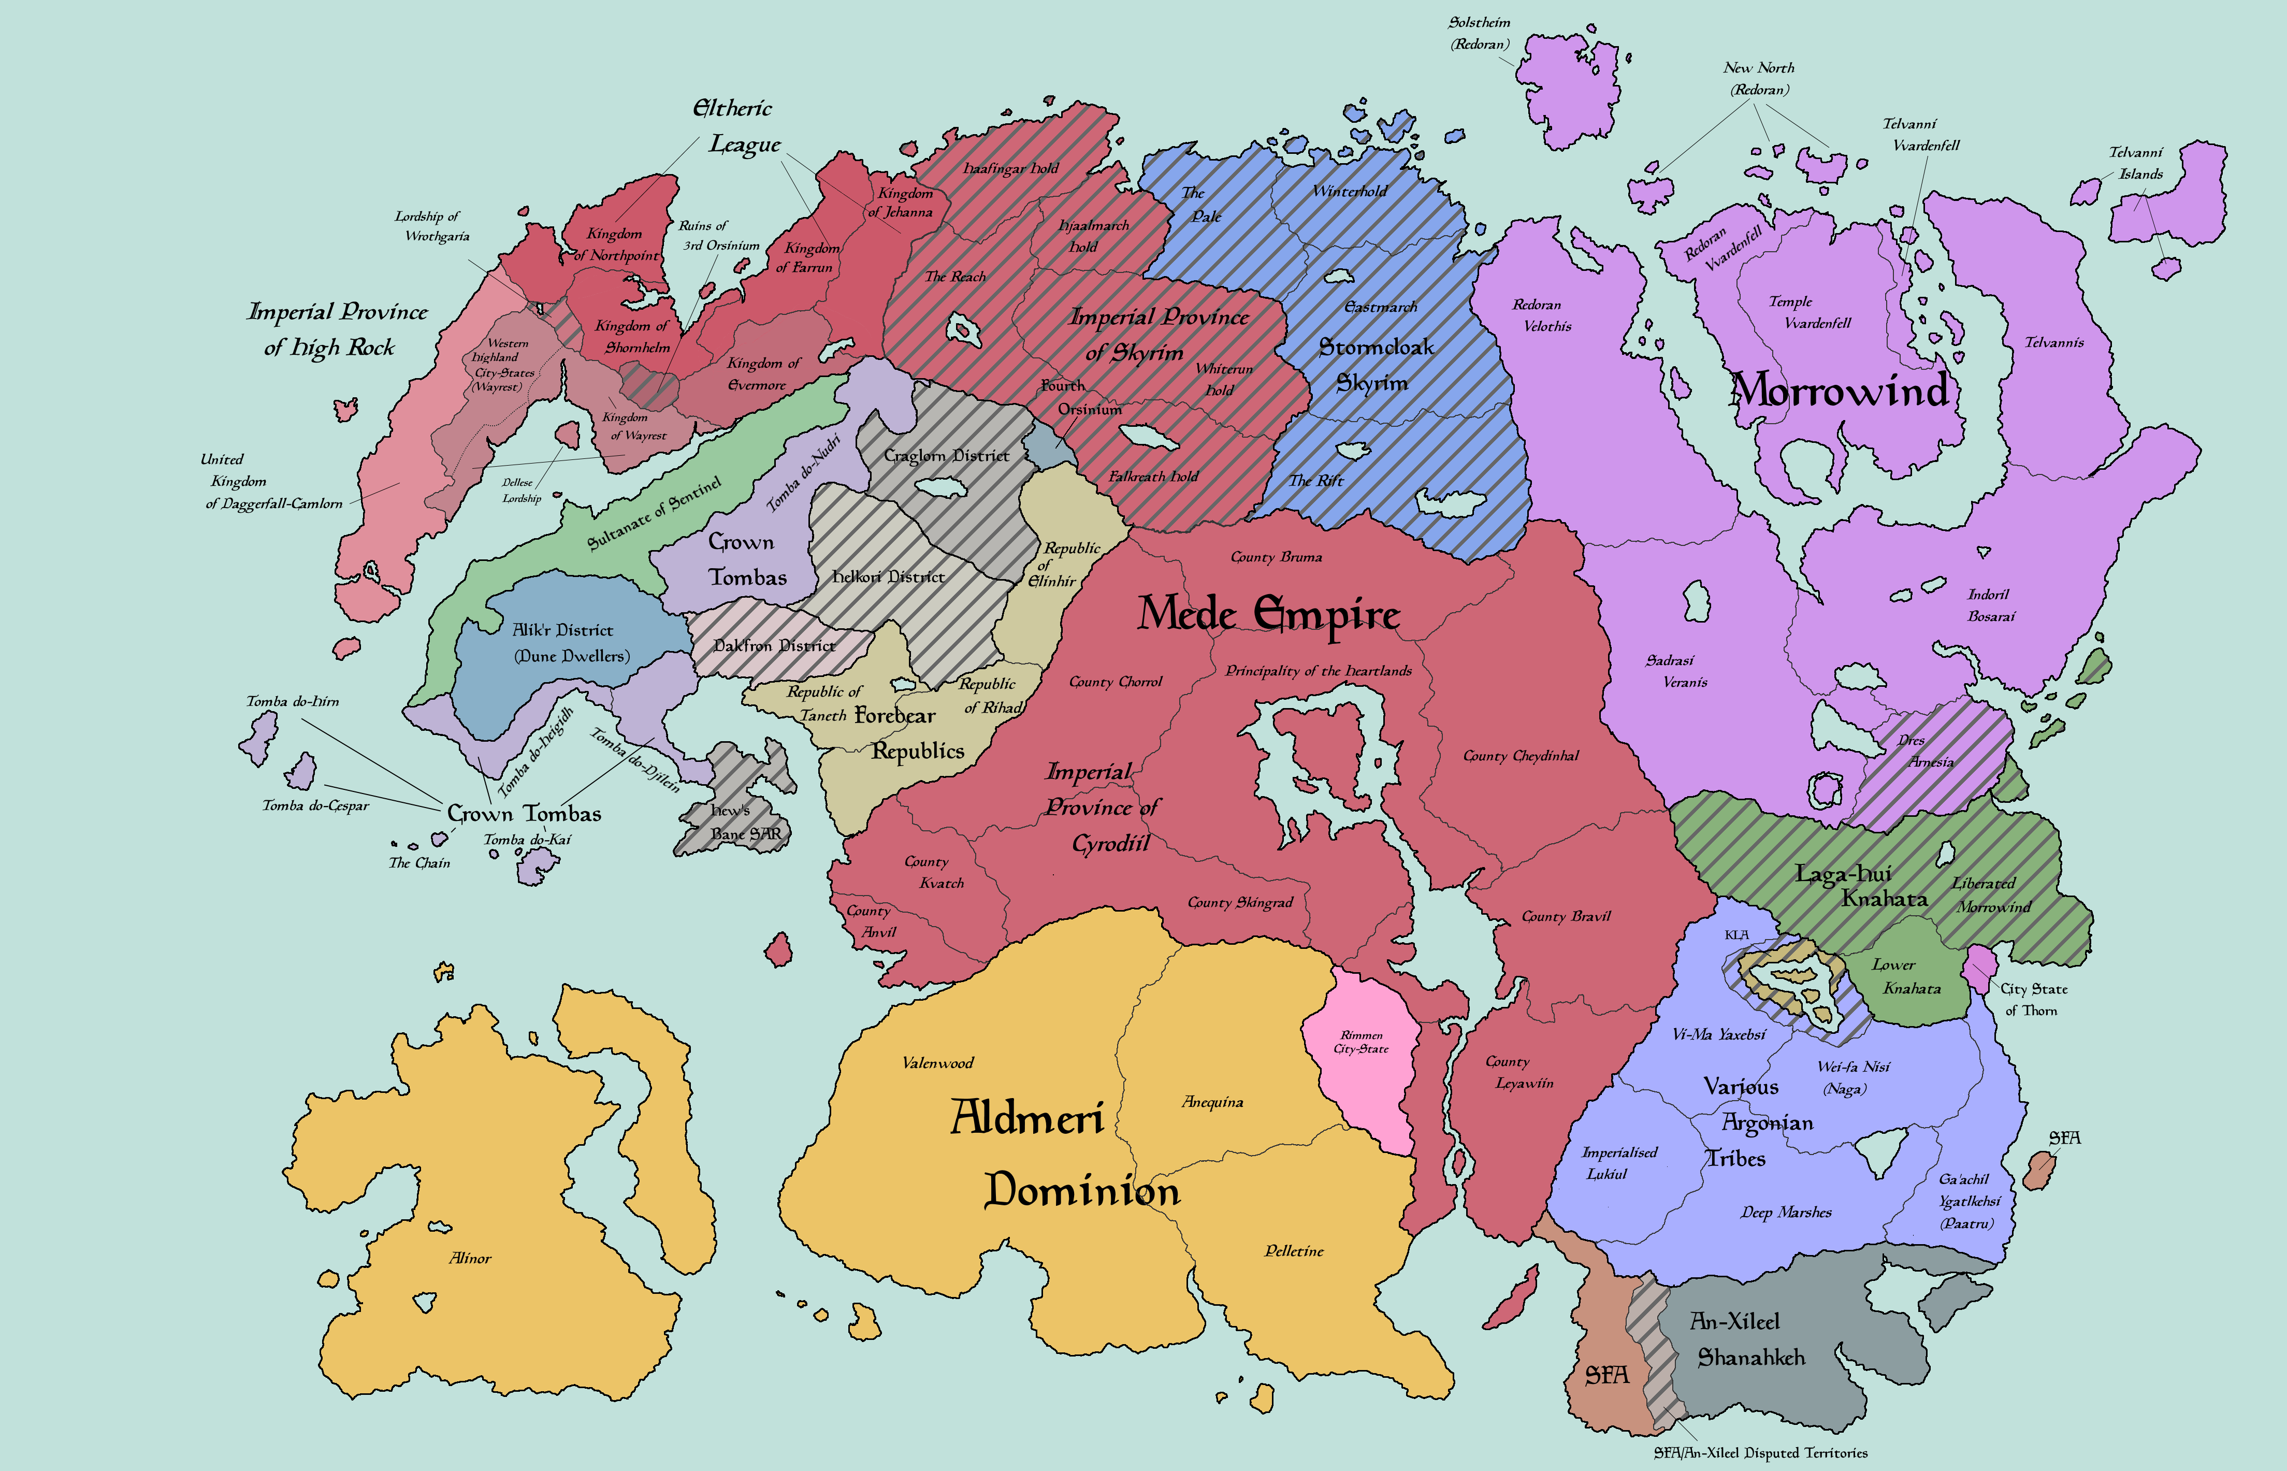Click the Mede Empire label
pyautogui.click(x=1268, y=613)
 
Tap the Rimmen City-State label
pyautogui.click(x=1360, y=1041)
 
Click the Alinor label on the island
pyautogui.click(x=470, y=1258)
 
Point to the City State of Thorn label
pyautogui.click(x=2033, y=999)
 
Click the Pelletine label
pyautogui.click(x=1294, y=1250)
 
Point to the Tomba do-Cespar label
pyautogui.click(x=315, y=805)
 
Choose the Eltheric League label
pyautogui.click(x=737, y=126)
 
